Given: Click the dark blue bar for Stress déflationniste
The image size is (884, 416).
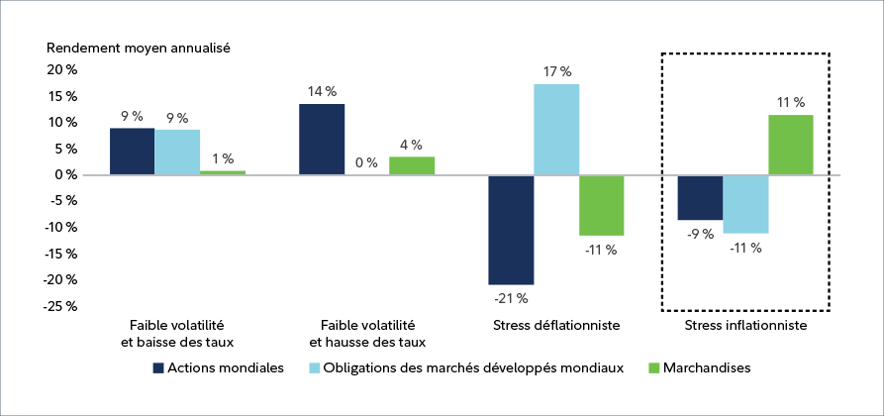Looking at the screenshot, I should tap(511, 230).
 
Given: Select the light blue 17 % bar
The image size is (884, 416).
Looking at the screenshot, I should tap(556, 130).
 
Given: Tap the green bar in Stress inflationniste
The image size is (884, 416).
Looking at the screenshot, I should tap(791, 145).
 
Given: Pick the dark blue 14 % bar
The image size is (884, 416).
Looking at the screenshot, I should tap(322, 139).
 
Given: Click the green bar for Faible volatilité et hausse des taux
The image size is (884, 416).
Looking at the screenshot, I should tap(412, 165).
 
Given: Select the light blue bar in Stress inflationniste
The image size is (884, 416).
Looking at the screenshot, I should tap(745, 204).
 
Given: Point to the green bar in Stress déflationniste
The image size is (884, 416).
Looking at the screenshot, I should tap(601, 205).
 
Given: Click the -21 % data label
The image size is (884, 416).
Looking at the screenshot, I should tap(511, 298).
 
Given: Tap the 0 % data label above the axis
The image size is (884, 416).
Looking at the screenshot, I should tap(366, 162).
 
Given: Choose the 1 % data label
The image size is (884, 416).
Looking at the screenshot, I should tap(222, 158).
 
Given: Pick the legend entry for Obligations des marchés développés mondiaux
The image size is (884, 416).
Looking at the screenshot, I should tap(467, 367).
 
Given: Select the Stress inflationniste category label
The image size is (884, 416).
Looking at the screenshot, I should tap(745, 325).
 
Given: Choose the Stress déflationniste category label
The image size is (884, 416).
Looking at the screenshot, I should tap(555, 325).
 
